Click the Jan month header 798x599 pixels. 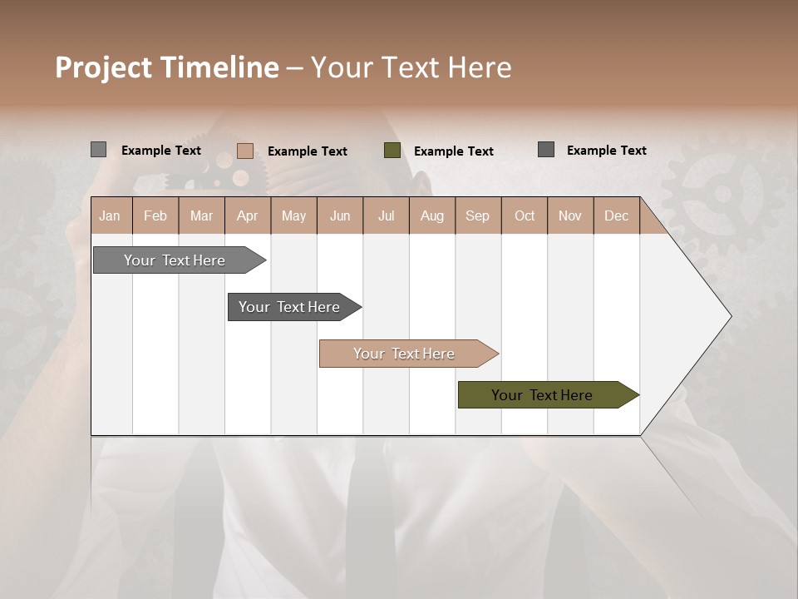pyautogui.click(x=110, y=215)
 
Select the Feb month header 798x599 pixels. pyautogui.click(x=155, y=215)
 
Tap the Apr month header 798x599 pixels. pyautogui.click(x=248, y=215)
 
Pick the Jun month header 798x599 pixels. pyautogui.click(x=340, y=215)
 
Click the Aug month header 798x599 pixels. pyautogui.click(x=432, y=215)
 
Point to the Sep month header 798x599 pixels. pyautogui.click(x=478, y=215)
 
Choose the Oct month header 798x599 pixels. pyautogui.click(x=525, y=215)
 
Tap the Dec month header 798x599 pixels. pyautogui.click(x=617, y=215)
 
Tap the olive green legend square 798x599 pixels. pyautogui.click(x=392, y=151)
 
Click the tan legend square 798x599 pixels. pyautogui.click(x=245, y=151)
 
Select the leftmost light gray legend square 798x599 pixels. pyautogui.click(x=99, y=150)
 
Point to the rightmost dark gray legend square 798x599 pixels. pyautogui.click(x=546, y=150)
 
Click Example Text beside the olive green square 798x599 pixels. pyautogui.click(x=453, y=151)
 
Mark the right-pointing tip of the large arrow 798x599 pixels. pyautogui.click(x=730, y=316)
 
